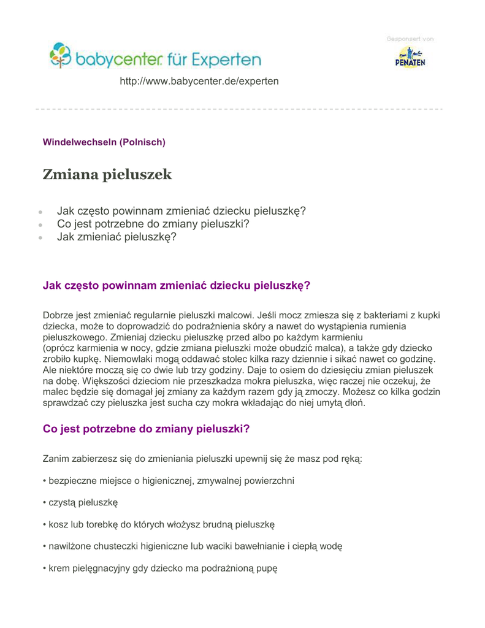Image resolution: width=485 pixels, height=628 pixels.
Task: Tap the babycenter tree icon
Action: (61, 55)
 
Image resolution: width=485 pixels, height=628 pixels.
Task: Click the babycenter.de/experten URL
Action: (199, 81)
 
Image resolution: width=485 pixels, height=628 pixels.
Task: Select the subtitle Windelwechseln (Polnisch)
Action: (104, 142)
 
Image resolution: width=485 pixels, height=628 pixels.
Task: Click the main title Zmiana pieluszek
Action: (107, 175)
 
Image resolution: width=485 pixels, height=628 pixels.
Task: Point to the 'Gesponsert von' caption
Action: (410, 39)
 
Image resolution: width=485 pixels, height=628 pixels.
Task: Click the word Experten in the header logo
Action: (224, 61)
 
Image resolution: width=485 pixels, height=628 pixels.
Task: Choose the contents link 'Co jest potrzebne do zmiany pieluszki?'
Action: (153, 224)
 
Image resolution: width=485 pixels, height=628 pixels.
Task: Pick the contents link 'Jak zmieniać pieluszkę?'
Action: (116, 237)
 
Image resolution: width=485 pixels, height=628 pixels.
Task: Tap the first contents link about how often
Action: (181, 211)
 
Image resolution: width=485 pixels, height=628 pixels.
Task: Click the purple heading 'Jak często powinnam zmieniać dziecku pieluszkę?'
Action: (177, 285)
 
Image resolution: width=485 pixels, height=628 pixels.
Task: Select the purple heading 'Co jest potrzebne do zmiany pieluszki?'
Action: (147, 429)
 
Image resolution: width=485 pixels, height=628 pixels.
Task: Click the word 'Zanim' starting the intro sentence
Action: (56, 459)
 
